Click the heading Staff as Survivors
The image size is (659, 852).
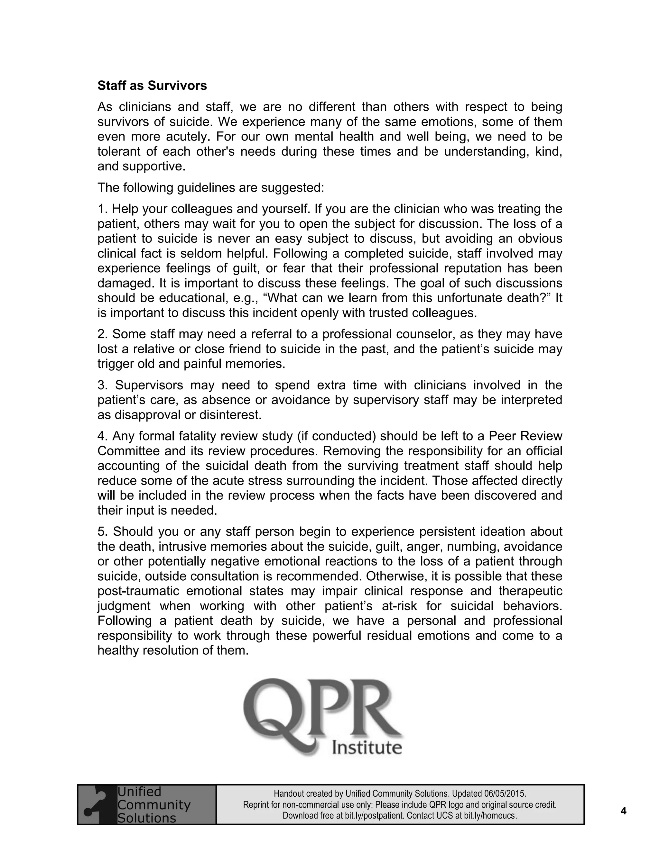click(152, 86)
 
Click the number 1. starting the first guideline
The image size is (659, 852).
click(102, 209)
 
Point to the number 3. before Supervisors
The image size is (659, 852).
click(102, 385)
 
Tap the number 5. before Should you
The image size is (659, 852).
click(102, 532)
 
